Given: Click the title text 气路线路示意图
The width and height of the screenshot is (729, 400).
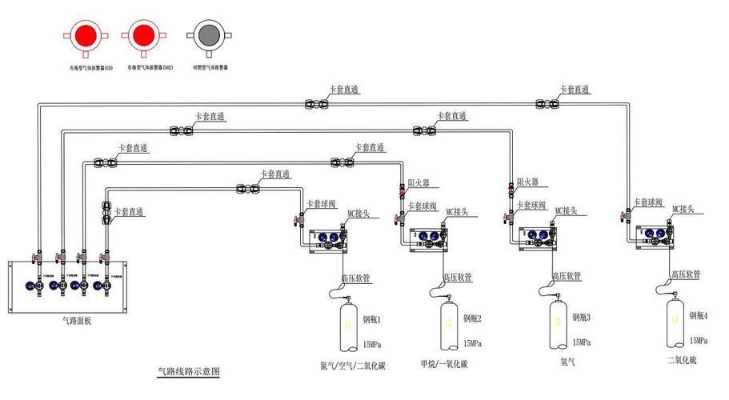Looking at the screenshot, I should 188,372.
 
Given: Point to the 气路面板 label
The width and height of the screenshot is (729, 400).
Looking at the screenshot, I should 77,321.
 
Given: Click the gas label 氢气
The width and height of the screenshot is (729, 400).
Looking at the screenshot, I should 567,362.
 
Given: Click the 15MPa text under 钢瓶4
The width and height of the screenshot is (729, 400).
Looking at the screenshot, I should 698,340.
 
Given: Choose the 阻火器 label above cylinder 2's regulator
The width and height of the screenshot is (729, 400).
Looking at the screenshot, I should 419,183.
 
